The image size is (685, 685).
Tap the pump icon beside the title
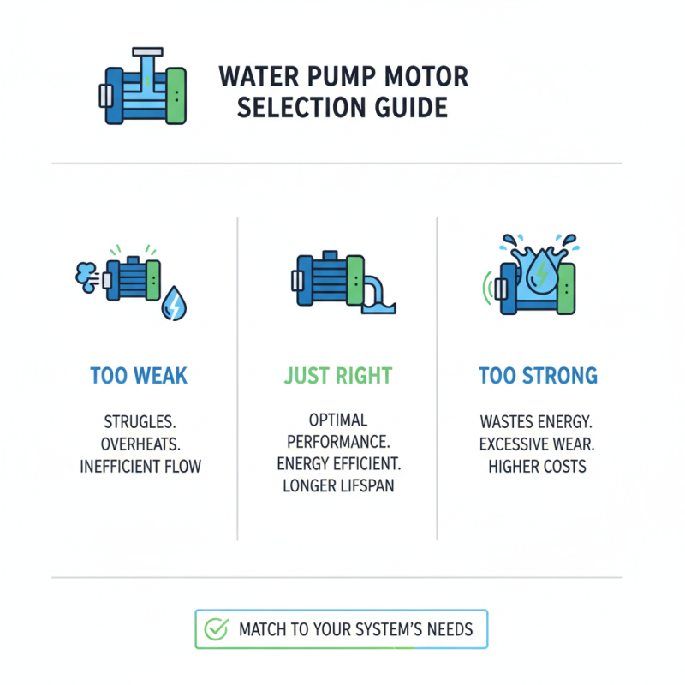[143, 88]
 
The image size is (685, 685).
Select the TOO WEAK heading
[139, 376]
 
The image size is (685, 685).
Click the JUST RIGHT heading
[338, 376]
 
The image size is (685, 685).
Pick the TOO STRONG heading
[538, 376]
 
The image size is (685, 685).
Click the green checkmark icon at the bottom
[217, 629]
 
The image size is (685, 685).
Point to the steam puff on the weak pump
[86, 274]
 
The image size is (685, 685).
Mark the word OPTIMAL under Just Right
[338, 420]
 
